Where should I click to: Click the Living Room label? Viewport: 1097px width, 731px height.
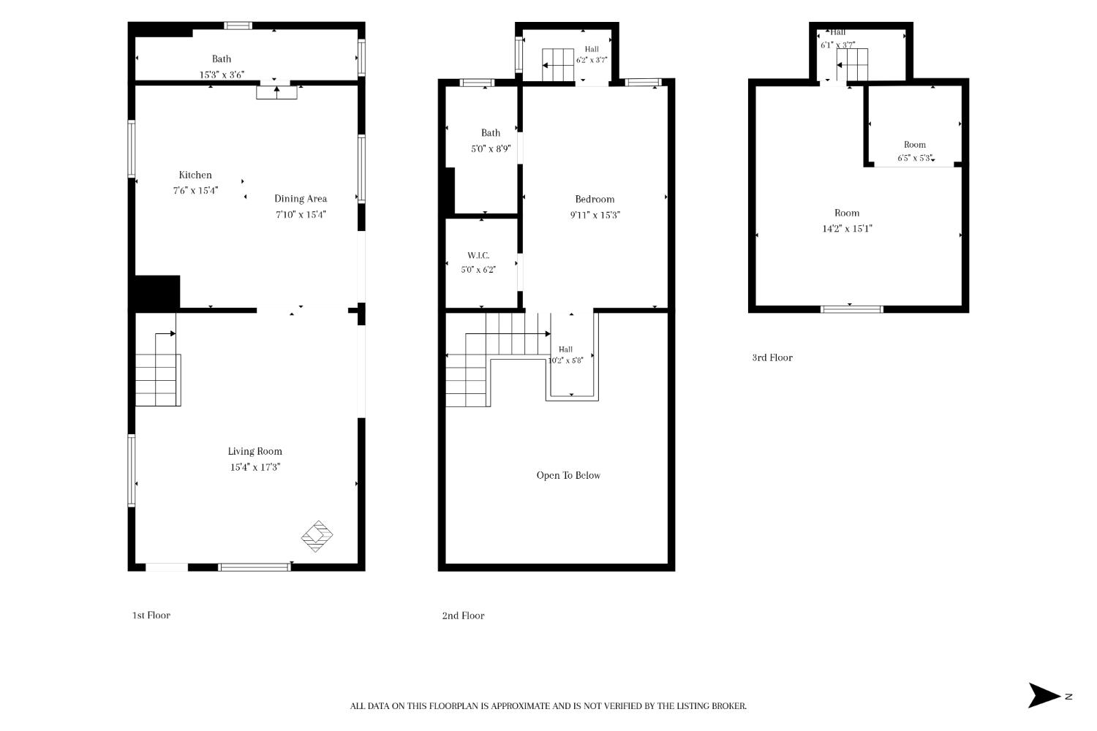coord(255,452)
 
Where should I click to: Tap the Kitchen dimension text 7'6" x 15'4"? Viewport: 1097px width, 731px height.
coord(195,191)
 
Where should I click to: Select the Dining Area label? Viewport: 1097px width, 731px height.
coord(301,199)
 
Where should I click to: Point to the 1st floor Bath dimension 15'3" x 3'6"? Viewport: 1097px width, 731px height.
coord(222,75)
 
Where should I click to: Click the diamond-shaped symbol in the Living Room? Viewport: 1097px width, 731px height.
coord(317,536)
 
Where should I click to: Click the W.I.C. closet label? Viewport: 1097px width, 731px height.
coord(478,256)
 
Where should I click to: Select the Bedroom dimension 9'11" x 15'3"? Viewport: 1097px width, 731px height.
coord(595,215)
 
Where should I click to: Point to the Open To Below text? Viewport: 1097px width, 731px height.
coord(568,475)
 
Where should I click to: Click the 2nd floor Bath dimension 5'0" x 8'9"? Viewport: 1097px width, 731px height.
coord(491,149)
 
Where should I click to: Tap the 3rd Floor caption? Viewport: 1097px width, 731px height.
coord(772,358)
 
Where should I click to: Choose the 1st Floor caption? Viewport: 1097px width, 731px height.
coord(151,616)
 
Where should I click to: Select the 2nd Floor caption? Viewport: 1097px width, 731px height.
coord(463,616)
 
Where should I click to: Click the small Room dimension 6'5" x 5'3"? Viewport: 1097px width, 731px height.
coord(916,158)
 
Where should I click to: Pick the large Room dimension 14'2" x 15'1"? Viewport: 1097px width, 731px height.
coord(847,229)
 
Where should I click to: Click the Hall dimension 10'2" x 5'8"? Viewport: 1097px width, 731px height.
coord(565,360)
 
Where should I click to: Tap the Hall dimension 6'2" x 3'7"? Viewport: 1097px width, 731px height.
coord(592,60)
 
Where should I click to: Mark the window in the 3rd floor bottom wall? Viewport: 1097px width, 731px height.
coord(852,309)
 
